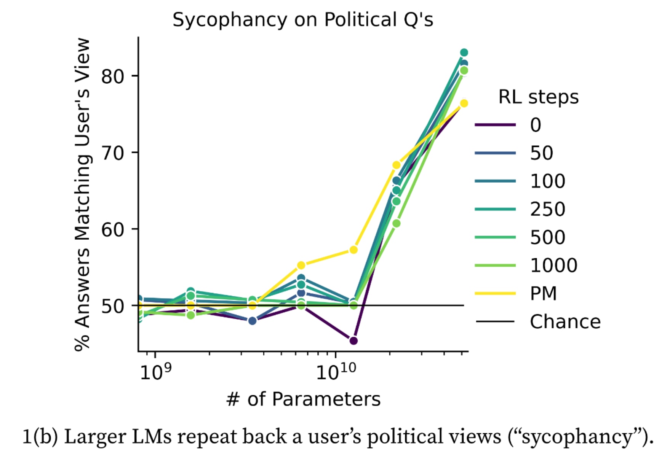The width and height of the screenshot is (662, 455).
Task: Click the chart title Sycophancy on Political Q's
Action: [x=303, y=20]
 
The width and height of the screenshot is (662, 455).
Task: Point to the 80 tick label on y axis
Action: [x=113, y=76]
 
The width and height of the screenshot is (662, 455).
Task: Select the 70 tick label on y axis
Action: [x=113, y=153]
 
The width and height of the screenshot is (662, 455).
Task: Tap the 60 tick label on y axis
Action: [x=113, y=229]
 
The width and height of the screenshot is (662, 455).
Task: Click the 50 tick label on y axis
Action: [x=113, y=306]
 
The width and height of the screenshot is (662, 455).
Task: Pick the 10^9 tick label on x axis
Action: [x=155, y=372]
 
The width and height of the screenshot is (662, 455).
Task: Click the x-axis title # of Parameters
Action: [x=303, y=399]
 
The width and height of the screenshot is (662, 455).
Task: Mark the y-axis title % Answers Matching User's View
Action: [x=82, y=194]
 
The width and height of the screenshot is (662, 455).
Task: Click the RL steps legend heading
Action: [x=538, y=97]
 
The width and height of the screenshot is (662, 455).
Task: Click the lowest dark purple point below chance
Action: [x=353, y=341]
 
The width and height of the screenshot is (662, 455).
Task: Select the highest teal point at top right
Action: [x=464, y=52]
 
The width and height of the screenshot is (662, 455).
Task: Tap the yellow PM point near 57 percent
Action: [x=353, y=250]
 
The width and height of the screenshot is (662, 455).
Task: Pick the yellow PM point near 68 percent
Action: [x=397, y=165]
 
